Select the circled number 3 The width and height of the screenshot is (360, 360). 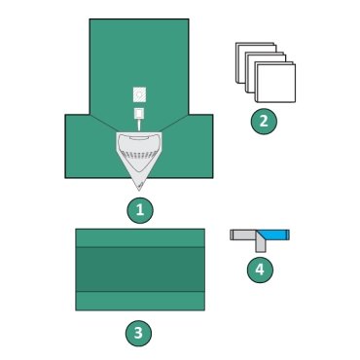tap(139, 334)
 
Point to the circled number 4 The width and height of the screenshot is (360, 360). tap(259, 269)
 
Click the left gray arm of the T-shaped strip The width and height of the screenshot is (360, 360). tap(241, 234)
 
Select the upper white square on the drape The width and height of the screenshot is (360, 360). tap(140, 94)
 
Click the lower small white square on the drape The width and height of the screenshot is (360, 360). tap(140, 114)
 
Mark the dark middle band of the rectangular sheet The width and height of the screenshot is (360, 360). tap(140, 270)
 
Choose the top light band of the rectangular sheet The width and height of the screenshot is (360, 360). tap(140, 238)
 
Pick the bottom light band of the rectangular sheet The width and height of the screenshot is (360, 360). tap(140, 301)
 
